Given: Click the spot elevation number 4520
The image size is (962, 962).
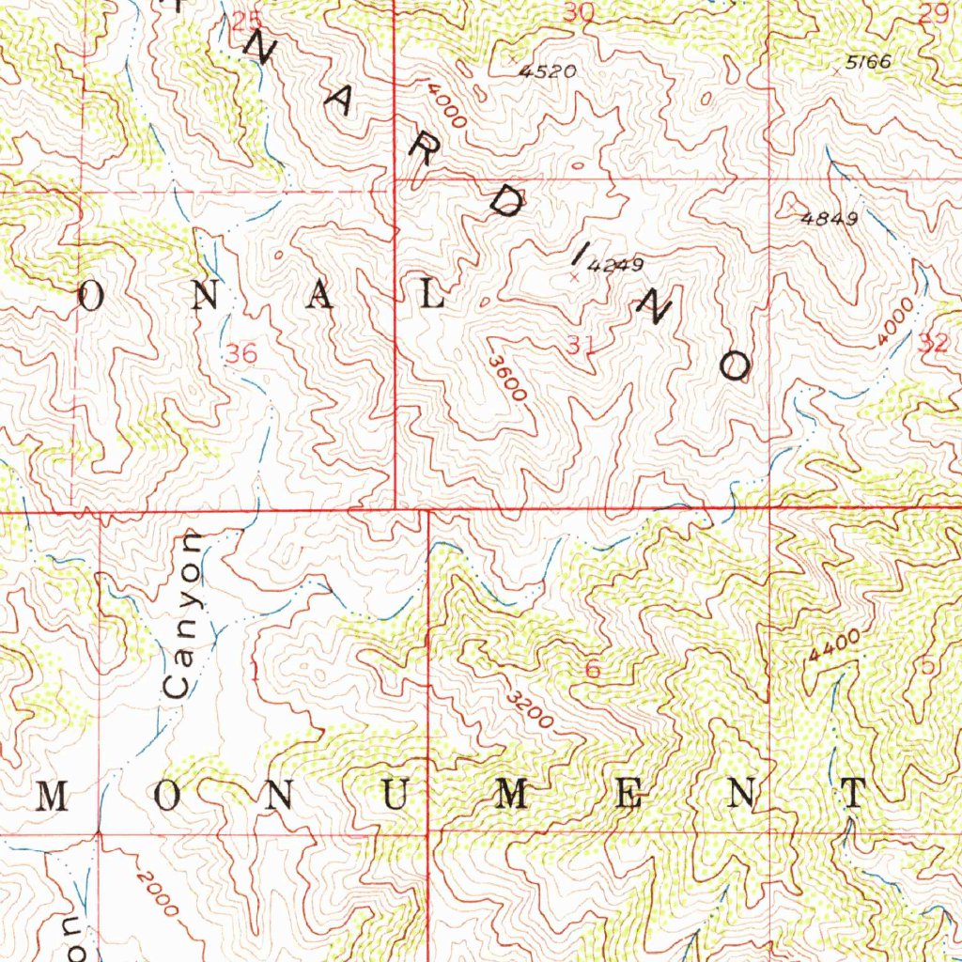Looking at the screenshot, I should click(551, 70).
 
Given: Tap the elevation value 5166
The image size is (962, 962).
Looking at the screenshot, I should click(867, 62).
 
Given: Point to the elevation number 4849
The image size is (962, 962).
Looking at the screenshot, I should click(830, 219).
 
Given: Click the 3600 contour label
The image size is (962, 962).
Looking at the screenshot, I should click(505, 378).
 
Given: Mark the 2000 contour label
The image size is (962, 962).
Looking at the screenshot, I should click(154, 892).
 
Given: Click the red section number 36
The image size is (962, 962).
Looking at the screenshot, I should click(241, 354).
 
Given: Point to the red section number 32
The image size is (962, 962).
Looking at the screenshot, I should click(934, 344).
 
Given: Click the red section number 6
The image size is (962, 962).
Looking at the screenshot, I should click(592, 670).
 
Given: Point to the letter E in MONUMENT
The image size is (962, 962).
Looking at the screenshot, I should click(628, 796).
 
